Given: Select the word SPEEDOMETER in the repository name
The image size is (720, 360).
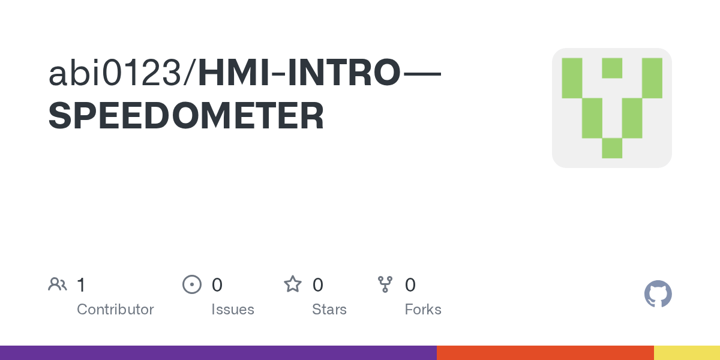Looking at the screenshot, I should point(186,116).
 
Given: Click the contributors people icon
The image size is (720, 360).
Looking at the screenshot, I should point(58,284).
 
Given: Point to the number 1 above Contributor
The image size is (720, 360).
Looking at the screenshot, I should point(81,284).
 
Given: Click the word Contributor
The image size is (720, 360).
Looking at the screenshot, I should point(115,310).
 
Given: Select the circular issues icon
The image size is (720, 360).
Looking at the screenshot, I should point(191,284).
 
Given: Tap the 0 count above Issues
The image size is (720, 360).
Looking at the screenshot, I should point(217,284).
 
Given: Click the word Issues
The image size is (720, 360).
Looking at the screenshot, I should point(233,310).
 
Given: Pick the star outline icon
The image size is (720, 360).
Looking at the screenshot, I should point(293,284).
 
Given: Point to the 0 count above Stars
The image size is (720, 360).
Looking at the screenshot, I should point(318,284).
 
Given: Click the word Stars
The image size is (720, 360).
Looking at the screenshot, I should point(329,310).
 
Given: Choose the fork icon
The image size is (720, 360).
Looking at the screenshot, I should point(385,284).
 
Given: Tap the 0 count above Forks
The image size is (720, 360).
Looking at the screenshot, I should point(410,284).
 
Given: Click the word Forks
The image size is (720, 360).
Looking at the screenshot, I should point(423,310).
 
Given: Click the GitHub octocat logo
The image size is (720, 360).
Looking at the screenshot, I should point(658,294).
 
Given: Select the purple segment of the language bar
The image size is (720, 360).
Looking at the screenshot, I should point(218,353).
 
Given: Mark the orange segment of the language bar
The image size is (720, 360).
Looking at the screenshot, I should point(545,353).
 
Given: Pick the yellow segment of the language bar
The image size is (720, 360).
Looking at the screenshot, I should point(687,353).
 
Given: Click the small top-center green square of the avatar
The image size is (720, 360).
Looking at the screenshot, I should point(612,68).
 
